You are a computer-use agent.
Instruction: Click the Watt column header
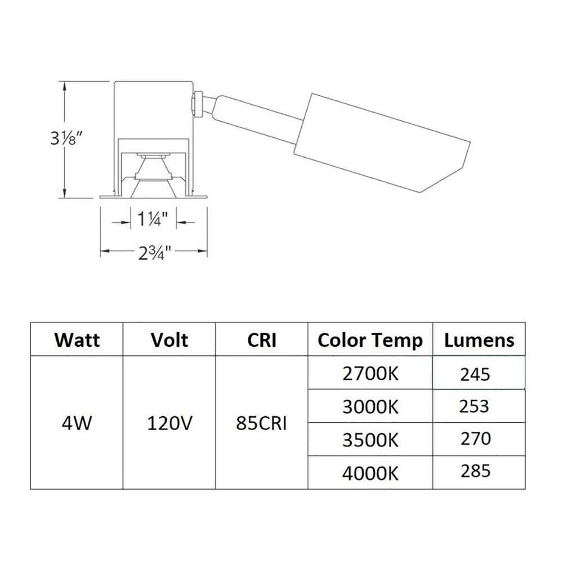pyautogui.click(x=77, y=339)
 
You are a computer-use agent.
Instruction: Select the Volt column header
pyautogui.click(x=169, y=339)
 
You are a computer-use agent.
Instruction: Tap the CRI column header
pyautogui.click(x=262, y=339)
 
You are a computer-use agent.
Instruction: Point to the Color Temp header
pyautogui.click(x=370, y=341)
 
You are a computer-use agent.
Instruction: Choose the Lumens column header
pyautogui.click(x=479, y=340)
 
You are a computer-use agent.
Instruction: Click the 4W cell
pyautogui.click(x=77, y=423)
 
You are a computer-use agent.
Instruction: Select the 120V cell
pyautogui.click(x=169, y=423)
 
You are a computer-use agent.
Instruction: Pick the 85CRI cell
pyautogui.click(x=261, y=423)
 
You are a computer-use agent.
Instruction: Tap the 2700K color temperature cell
pyautogui.click(x=370, y=373)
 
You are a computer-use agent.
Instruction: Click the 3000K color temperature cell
pyautogui.click(x=370, y=407)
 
